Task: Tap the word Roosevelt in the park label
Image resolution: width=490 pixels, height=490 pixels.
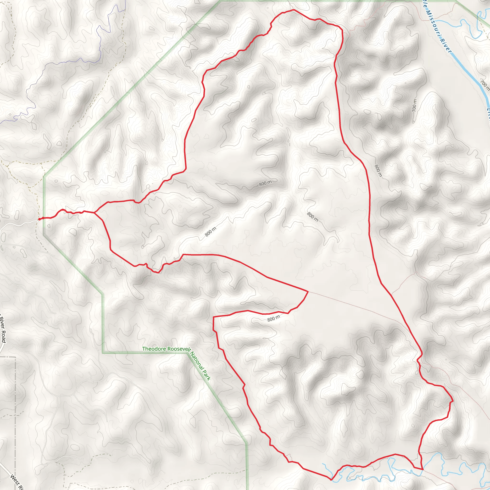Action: pyautogui.click(x=178, y=349)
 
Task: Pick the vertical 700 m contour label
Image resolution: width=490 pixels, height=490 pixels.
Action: pyautogui.click(x=414, y=106)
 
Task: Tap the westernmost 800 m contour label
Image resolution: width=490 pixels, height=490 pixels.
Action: pyautogui.click(x=211, y=232)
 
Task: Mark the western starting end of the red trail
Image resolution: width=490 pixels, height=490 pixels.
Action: pyautogui.click(x=39, y=219)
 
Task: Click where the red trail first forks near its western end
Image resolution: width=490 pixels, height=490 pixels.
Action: pyautogui.click(x=95, y=212)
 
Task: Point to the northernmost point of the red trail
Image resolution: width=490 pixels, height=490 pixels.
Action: pyautogui.click(x=293, y=10)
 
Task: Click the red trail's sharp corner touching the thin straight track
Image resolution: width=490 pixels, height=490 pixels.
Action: pyautogui.click(x=308, y=292)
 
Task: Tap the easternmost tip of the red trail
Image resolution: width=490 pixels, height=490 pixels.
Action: pyautogui.click(x=453, y=401)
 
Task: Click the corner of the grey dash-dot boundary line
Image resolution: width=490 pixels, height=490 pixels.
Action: pyautogui.click(x=15, y=357)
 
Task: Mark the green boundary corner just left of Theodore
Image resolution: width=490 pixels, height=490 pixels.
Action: pyautogui.click(x=103, y=352)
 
